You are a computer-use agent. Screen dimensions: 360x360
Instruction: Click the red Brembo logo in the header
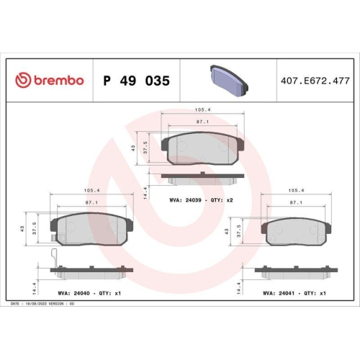pyautogui.click(x=50, y=80)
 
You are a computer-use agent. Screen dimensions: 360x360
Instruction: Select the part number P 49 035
pyautogui.click(x=136, y=81)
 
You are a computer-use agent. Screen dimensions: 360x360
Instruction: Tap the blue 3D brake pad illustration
pyautogui.click(x=229, y=81)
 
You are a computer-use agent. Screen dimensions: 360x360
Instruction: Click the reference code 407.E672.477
pyautogui.click(x=315, y=81)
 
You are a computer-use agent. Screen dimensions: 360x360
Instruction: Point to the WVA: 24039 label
pyautogui.click(x=185, y=200)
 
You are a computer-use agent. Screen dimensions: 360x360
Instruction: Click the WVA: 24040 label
pyautogui.click(x=73, y=293)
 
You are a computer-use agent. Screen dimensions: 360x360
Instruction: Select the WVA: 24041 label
pyautogui.click(x=279, y=293)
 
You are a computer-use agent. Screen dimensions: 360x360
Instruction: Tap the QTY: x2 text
pyautogui.click(x=222, y=200)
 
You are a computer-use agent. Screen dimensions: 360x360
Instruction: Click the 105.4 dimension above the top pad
pyautogui.click(x=202, y=109)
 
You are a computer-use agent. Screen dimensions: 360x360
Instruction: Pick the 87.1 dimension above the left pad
pyautogui.click(x=91, y=202)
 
